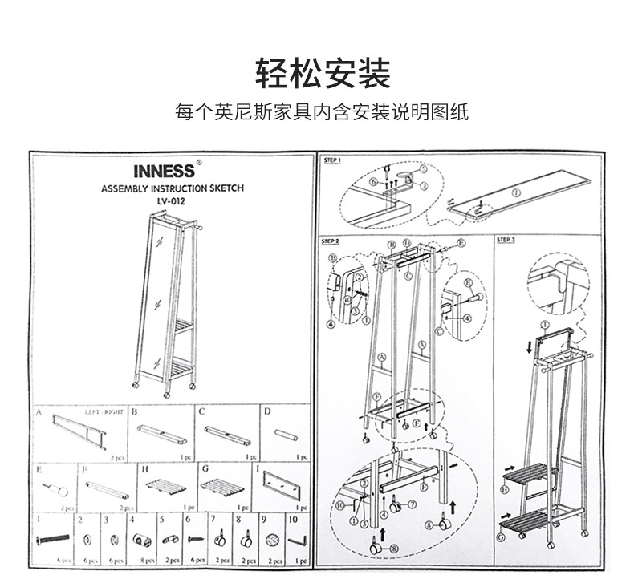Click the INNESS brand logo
pyautogui.click(x=164, y=172)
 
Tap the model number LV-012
pyautogui.click(x=172, y=201)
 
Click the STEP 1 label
pyautogui.click(x=331, y=160)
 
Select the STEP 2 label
pyautogui.click(x=331, y=241)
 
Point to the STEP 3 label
pyautogui.click(x=506, y=240)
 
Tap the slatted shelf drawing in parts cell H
pyautogui.click(x=165, y=487)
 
